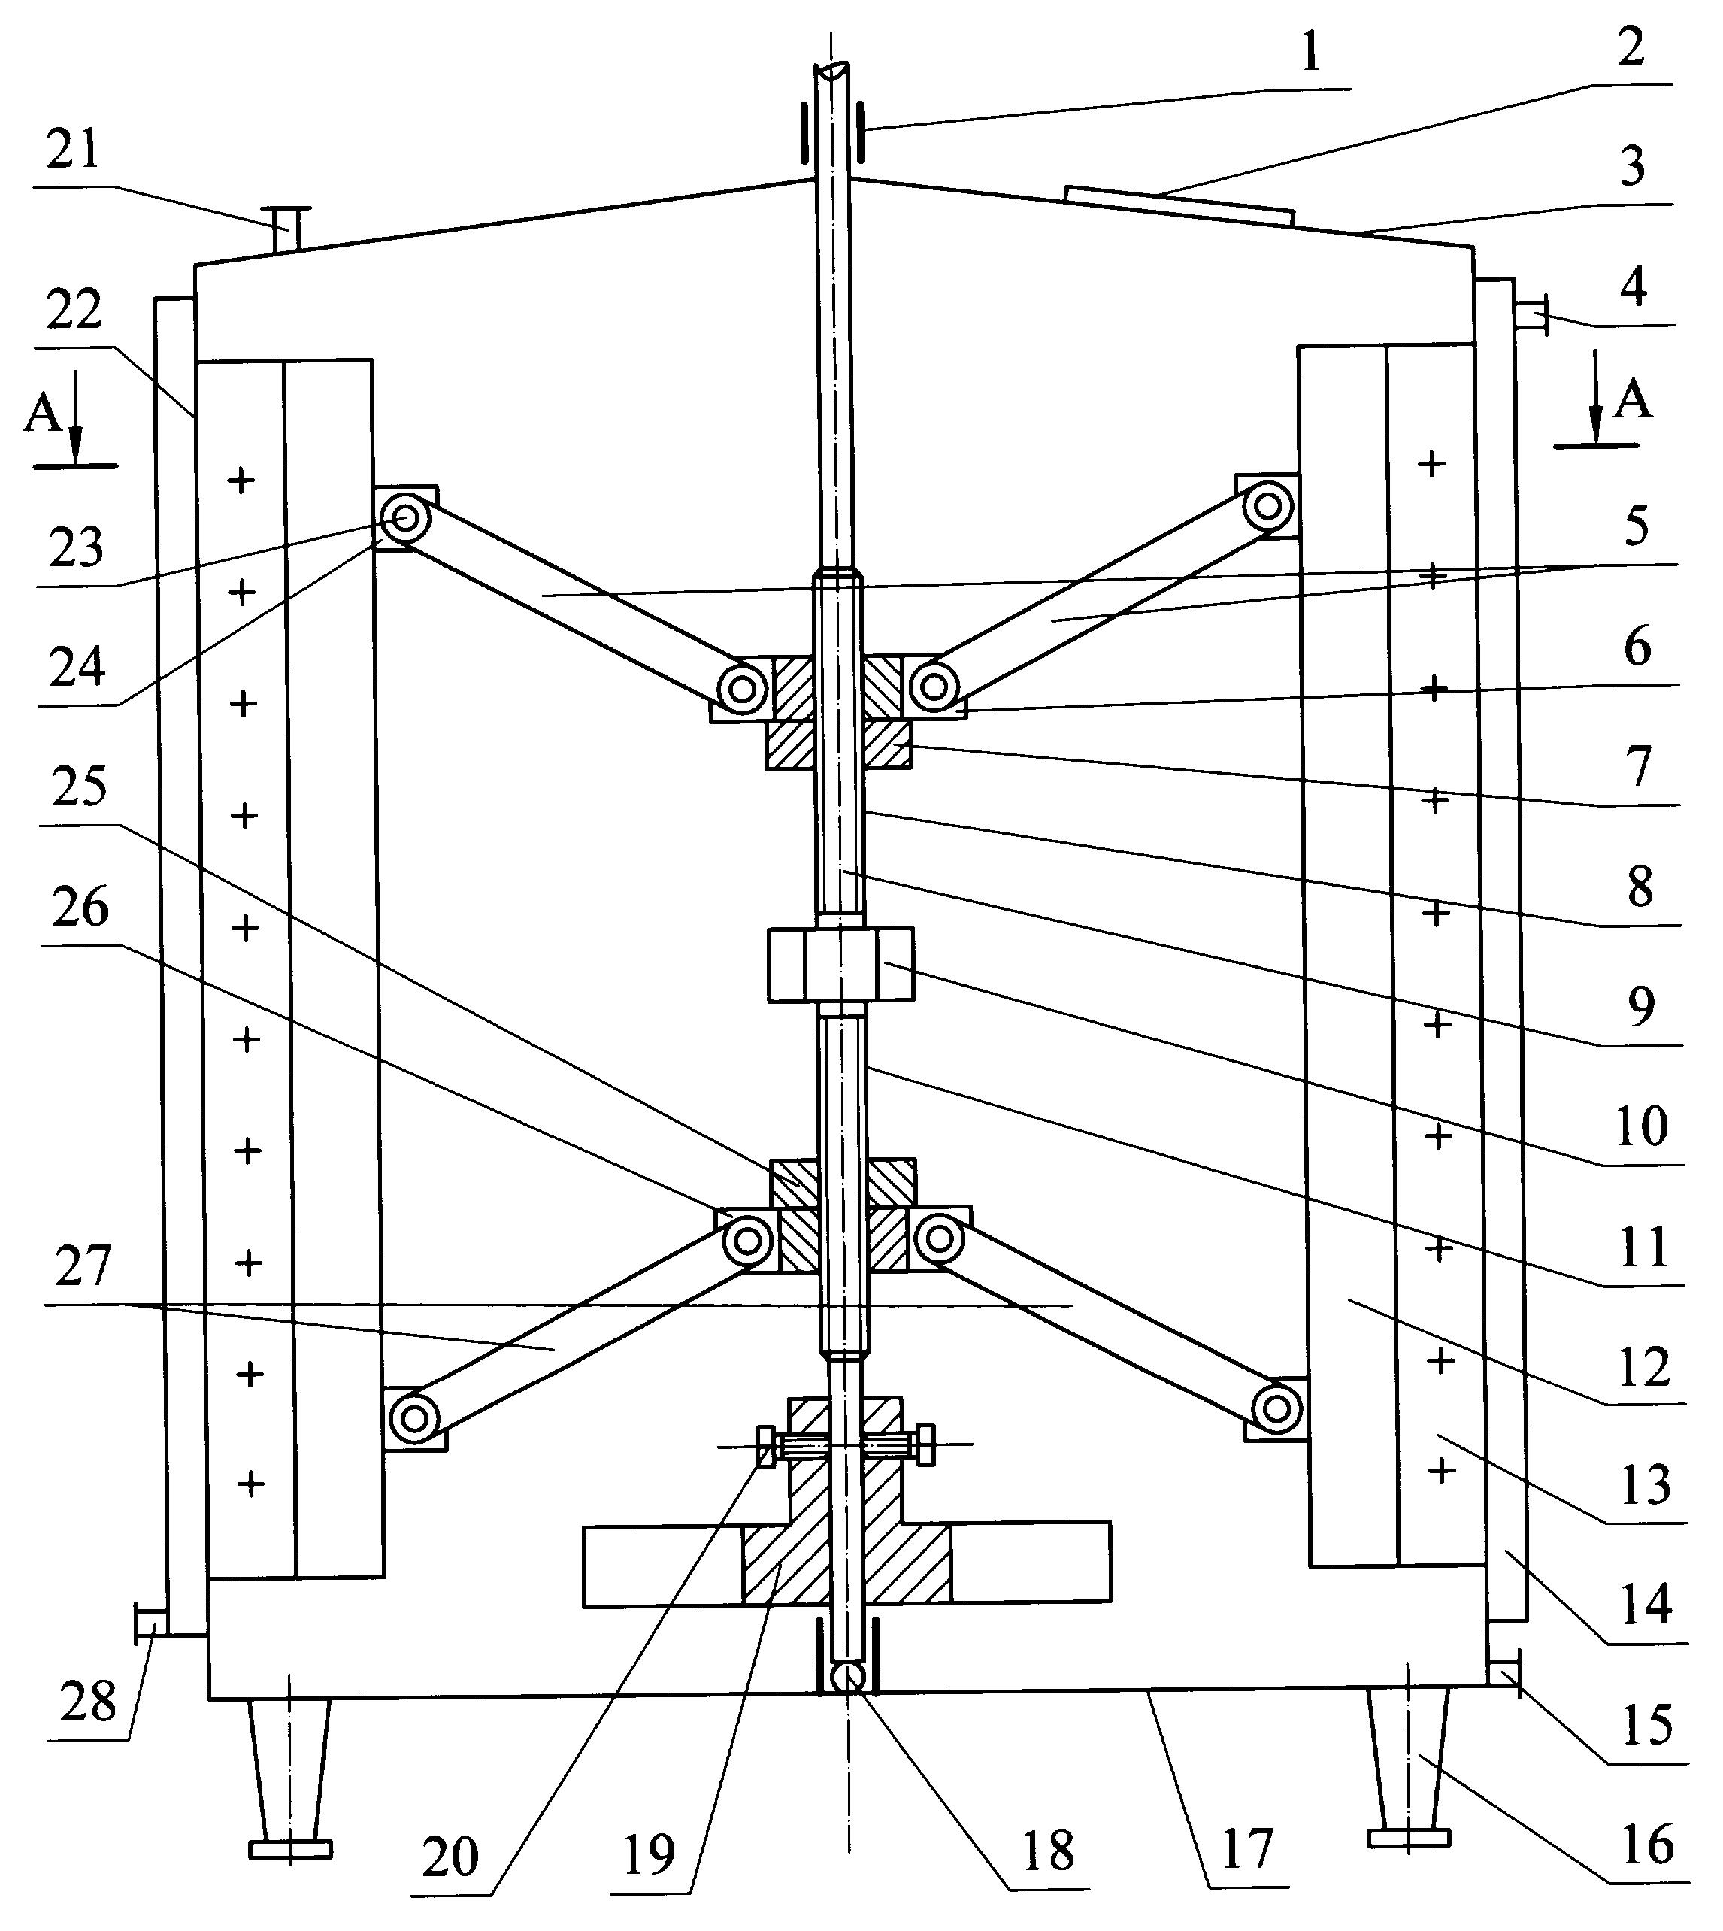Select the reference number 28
tap(87, 1702)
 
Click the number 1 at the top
tap(1310, 54)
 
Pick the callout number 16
tap(1649, 1845)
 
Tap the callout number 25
tap(79, 789)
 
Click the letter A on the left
tap(43, 414)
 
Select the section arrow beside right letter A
tap(1596, 398)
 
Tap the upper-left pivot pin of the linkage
tap(405, 518)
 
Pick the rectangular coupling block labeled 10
tap(840, 963)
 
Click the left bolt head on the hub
tap(765, 1446)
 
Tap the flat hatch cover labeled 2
tap(1179, 205)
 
